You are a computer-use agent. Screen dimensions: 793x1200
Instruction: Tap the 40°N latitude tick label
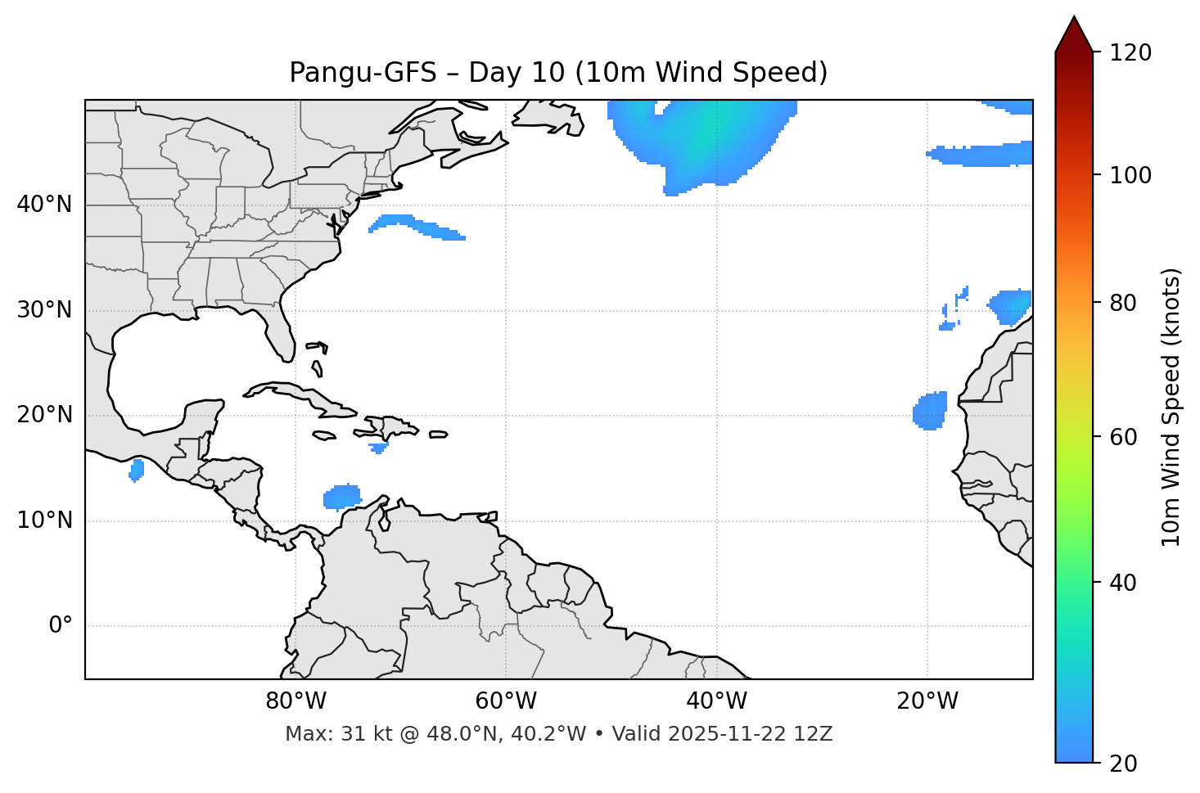coord(44,205)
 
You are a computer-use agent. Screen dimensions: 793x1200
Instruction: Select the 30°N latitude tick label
coord(44,310)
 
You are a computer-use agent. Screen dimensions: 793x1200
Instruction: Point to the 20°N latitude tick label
coord(44,415)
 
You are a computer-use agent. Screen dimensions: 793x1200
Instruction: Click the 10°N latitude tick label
coord(44,520)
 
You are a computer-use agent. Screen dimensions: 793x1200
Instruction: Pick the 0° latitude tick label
coord(60,626)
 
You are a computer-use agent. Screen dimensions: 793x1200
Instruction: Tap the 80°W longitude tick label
coord(295,701)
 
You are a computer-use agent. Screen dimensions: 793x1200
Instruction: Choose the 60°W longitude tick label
coord(506,701)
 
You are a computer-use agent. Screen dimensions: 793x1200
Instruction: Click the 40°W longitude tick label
coord(716,701)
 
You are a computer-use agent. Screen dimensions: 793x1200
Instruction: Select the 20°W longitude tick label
coord(927,701)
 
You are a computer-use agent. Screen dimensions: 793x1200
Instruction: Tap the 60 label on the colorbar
coord(1126,437)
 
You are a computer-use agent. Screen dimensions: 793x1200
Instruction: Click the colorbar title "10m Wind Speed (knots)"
coord(1171,407)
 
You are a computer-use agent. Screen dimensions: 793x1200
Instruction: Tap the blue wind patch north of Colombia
coord(342,497)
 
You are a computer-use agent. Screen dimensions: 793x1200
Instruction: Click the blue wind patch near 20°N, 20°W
coord(930,411)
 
